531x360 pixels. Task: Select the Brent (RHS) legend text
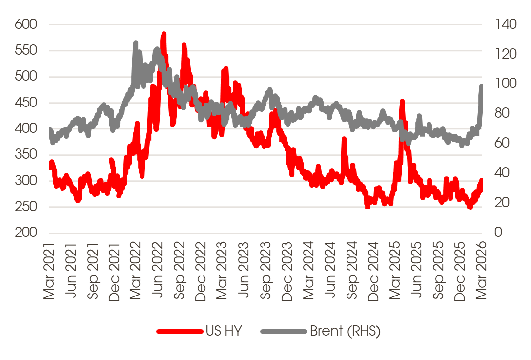[x=345, y=331]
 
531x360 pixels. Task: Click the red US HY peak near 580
[x=164, y=34]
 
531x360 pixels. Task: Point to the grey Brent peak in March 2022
[x=135, y=43]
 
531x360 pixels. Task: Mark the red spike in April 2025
[x=402, y=102]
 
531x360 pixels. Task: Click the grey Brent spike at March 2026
[x=481, y=86]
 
